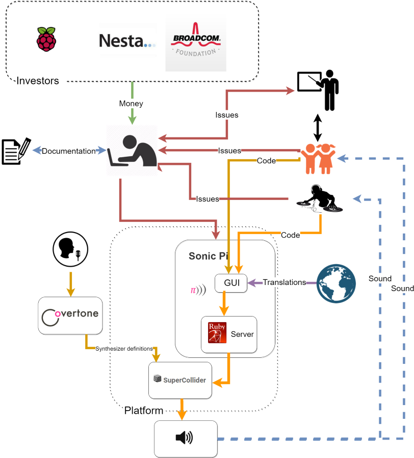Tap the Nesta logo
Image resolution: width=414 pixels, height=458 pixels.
click(127, 40)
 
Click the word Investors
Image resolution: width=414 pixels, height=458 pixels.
click(38, 80)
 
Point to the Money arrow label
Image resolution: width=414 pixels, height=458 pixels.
click(131, 103)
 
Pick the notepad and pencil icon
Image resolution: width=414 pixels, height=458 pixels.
click(16, 151)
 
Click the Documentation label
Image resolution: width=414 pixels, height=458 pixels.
click(68, 151)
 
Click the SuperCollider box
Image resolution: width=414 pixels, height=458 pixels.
click(180, 380)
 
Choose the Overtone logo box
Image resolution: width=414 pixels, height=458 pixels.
click(70, 316)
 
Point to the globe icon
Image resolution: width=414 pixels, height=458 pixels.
click(336, 283)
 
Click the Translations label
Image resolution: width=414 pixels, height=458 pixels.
click(284, 282)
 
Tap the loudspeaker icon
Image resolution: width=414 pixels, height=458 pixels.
click(186, 438)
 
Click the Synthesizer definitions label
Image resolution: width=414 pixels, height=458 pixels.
click(124, 348)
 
